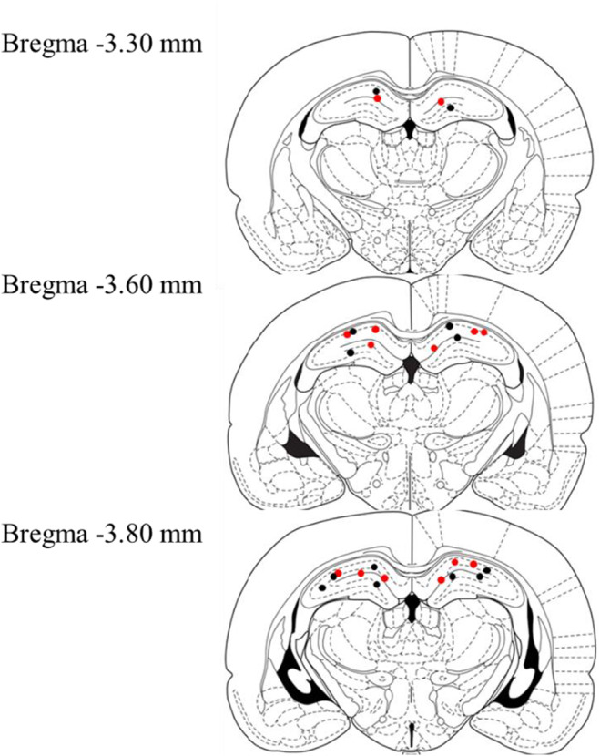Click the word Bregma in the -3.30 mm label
pos(40,44)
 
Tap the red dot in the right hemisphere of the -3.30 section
pos(441,101)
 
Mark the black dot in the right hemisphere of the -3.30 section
pos(450,107)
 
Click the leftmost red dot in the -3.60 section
pos(347,335)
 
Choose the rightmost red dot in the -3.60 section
pos(484,332)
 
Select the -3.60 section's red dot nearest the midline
pos(434,348)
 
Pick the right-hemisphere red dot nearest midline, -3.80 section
pos(442,579)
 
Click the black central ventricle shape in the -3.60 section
pos(412,366)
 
